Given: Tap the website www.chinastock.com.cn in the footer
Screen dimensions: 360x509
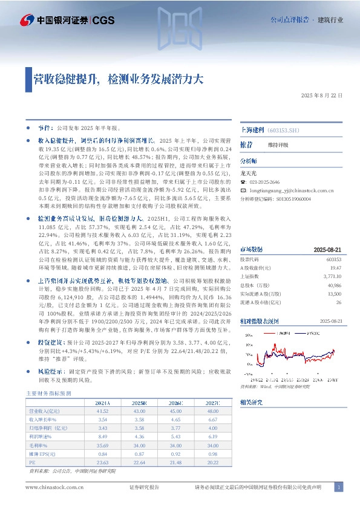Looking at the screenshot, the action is coord(51,487).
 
